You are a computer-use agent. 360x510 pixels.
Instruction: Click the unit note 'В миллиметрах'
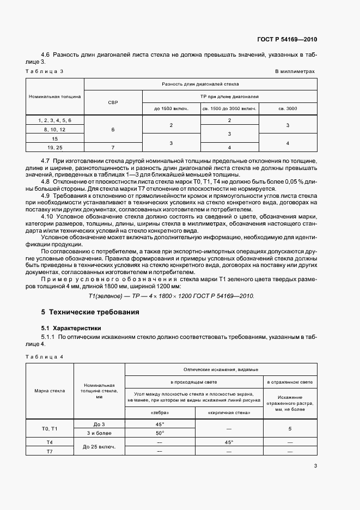295,71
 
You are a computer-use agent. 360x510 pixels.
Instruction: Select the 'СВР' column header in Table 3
113,102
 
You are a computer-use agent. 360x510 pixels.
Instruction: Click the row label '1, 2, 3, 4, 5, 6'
54,120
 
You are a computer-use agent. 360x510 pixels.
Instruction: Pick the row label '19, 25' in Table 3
54,147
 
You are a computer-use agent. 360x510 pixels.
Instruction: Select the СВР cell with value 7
113,147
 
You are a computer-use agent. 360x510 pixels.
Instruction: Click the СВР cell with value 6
113,130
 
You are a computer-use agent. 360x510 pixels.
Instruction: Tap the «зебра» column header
160,412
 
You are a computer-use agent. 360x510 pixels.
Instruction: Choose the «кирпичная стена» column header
229,412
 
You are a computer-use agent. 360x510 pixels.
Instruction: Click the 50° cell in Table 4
160,433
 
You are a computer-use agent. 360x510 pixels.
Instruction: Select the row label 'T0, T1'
50,428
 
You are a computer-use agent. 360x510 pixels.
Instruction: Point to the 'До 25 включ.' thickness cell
99,447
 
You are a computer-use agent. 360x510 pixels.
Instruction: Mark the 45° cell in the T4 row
229,442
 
